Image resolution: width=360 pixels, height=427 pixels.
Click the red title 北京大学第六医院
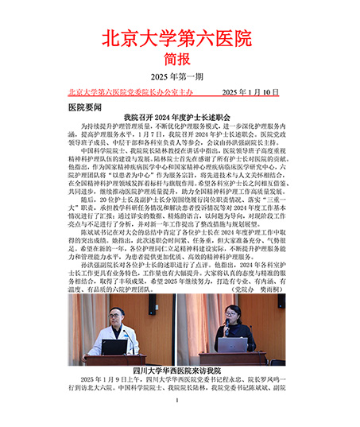(x=179, y=37)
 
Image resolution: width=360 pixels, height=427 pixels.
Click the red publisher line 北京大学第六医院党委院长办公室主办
(x=131, y=93)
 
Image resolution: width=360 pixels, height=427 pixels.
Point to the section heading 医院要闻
(x=85, y=105)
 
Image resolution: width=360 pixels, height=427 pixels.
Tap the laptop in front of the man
(x=116, y=347)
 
